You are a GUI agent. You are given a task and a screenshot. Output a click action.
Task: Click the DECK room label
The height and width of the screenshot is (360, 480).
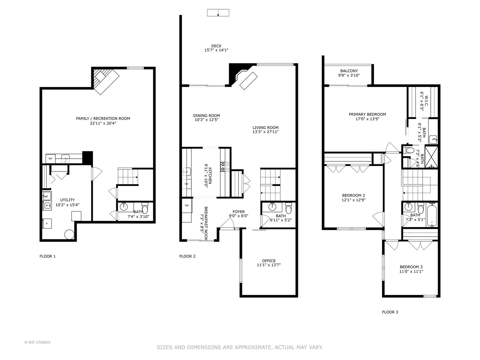point(216,46)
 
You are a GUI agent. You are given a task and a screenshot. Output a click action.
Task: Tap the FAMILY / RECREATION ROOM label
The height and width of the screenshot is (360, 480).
point(103,118)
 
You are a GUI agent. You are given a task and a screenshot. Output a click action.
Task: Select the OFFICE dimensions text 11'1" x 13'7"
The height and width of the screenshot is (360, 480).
point(269,265)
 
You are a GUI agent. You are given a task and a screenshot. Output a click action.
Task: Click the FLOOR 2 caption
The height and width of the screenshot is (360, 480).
point(187,256)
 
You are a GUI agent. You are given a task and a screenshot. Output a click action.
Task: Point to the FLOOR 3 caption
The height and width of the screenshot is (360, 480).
point(390,312)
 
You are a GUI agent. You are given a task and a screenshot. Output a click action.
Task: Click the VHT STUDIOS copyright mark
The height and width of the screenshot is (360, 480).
point(37,342)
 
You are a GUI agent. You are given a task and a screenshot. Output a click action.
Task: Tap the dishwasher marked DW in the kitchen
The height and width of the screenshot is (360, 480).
point(187,184)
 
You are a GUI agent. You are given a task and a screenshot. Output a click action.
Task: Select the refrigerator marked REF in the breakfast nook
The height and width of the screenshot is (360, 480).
point(187,205)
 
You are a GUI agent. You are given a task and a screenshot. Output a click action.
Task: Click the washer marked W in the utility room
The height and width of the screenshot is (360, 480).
point(47,205)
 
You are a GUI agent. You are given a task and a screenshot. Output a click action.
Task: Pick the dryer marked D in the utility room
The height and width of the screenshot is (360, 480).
point(47,223)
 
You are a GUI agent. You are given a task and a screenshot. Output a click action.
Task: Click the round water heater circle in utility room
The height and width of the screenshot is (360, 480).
point(70,234)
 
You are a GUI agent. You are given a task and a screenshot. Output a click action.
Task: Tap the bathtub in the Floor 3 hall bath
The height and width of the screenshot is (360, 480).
point(432,215)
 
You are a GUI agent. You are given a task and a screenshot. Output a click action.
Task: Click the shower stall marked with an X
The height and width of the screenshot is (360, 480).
point(431,157)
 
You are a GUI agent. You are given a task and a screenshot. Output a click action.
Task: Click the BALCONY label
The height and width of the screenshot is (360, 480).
point(349,71)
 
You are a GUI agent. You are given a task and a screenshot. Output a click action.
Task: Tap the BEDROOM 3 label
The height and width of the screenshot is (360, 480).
point(411,267)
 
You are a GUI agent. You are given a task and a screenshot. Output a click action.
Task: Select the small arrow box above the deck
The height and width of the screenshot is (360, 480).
point(218,13)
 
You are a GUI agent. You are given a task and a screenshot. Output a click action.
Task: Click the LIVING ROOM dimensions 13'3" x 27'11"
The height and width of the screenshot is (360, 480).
point(265,132)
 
